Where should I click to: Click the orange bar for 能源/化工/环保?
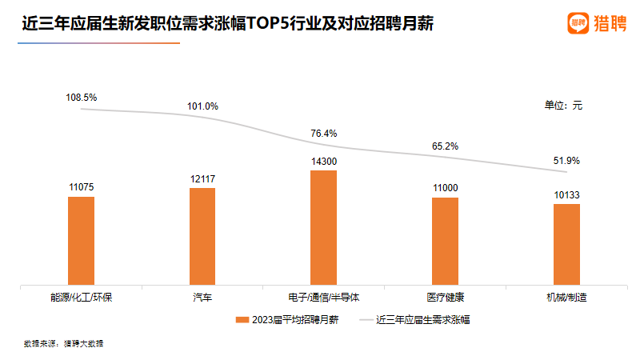click(81, 240)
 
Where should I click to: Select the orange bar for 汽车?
click(202, 236)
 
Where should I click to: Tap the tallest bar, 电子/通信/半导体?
click(323, 227)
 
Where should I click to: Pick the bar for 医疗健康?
click(445, 240)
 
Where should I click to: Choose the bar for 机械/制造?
click(566, 243)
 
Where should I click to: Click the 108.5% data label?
click(81, 98)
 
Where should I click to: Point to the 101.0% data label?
click(202, 106)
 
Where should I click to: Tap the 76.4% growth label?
click(324, 134)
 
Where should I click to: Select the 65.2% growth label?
click(445, 146)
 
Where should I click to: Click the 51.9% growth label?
click(566, 161)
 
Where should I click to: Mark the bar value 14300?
click(323, 161)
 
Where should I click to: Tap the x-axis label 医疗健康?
click(445, 298)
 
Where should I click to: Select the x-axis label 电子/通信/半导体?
click(323, 298)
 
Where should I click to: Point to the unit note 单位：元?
click(564, 105)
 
